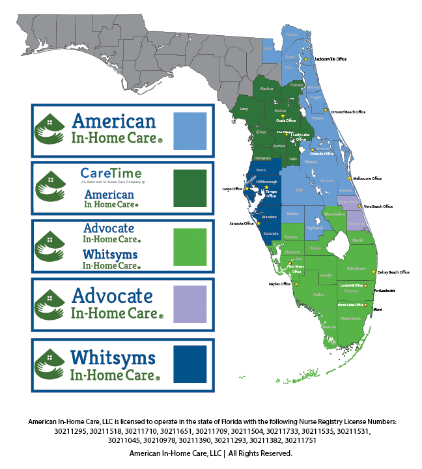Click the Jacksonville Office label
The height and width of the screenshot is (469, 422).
(x=330, y=59)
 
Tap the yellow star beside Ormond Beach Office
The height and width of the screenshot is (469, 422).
(x=326, y=111)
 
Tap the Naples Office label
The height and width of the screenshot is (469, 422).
(x=281, y=284)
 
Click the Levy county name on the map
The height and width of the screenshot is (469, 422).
(x=244, y=109)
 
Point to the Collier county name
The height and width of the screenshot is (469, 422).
(x=337, y=294)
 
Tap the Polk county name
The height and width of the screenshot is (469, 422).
(x=299, y=190)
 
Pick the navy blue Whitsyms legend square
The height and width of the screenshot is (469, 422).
(x=190, y=364)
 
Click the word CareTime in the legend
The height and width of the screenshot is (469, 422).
(x=109, y=173)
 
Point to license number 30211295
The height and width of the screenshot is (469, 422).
(x=70, y=431)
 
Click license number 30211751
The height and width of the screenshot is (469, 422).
(x=299, y=440)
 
